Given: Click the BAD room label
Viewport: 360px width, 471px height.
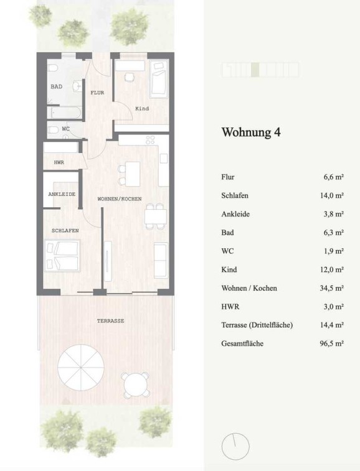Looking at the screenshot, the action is click(57, 86).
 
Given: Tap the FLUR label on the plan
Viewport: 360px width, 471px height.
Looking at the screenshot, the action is click(97, 93).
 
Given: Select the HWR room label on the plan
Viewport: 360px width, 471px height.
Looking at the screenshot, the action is click(59, 162).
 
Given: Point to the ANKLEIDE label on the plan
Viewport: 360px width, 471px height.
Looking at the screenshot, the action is click(62, 194).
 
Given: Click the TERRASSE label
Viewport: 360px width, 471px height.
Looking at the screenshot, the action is click(110, 321).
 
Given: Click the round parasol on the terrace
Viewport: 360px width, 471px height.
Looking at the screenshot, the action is click(81, 367).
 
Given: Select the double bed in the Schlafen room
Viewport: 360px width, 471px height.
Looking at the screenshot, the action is click(62, 256).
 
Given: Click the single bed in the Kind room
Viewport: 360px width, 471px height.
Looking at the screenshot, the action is click(159, 79).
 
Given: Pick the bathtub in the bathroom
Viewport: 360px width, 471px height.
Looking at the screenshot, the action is click(65, 113).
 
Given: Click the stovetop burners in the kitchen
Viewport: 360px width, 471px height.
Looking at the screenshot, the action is click(150, 139).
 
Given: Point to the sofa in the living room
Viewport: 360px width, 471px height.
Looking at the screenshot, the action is click(161, 261).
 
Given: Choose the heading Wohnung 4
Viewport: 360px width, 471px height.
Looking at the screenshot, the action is click(251, 132).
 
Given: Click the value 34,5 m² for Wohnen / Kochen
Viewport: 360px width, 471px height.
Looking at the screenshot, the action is click(332, 288).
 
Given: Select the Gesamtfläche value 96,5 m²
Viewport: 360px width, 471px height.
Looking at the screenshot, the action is click(332, 343).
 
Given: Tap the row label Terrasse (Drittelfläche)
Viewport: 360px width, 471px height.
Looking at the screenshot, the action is click(257, 325).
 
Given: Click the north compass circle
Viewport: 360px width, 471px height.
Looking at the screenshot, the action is click(235, 447).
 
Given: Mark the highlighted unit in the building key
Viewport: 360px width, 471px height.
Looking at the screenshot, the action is click(255, 70).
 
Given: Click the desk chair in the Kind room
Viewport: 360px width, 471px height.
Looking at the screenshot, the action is click(130, 77).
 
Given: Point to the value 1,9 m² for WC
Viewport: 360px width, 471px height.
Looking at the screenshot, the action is click(334, 251).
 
